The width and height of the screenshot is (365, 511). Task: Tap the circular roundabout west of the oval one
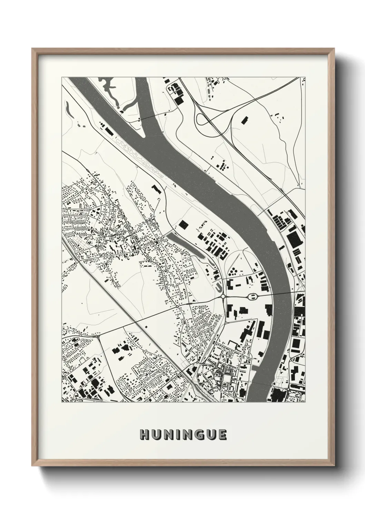coord(223,296)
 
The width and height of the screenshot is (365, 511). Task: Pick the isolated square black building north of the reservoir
coord(184,225)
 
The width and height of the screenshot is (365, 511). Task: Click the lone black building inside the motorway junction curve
coord(244,120)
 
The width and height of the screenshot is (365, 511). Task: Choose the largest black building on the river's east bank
coord(294,239)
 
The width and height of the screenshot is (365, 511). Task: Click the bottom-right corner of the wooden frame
coord(334,466)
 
